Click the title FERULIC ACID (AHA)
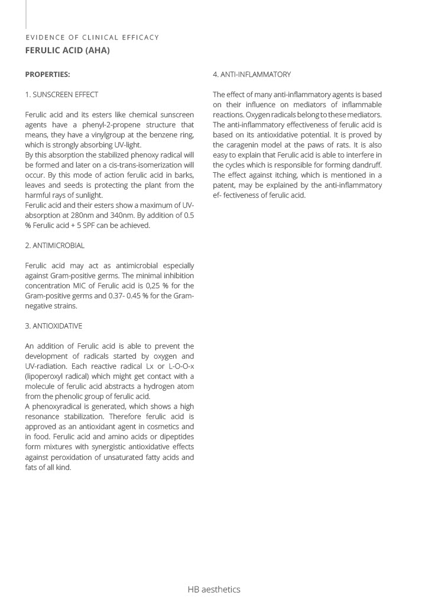tap(67, 50)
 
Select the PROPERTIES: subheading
tap(47, 75)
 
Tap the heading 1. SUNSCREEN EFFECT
tap(61, 95)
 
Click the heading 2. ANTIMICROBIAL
tap(54, 245)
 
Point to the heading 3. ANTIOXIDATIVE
tap(53, 326)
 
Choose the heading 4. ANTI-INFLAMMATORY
tap(252, 75)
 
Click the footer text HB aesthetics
tap(214, 589)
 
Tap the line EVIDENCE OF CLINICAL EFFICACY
tap(92, 37)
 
